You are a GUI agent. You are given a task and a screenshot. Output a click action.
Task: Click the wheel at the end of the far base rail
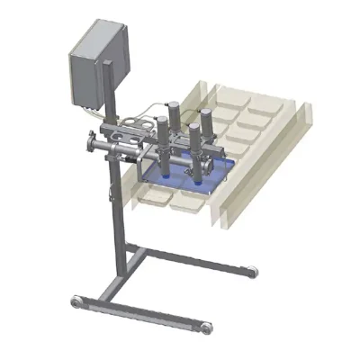tap(253, 271)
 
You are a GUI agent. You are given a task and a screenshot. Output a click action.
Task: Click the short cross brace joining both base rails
tap(135, 261)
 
